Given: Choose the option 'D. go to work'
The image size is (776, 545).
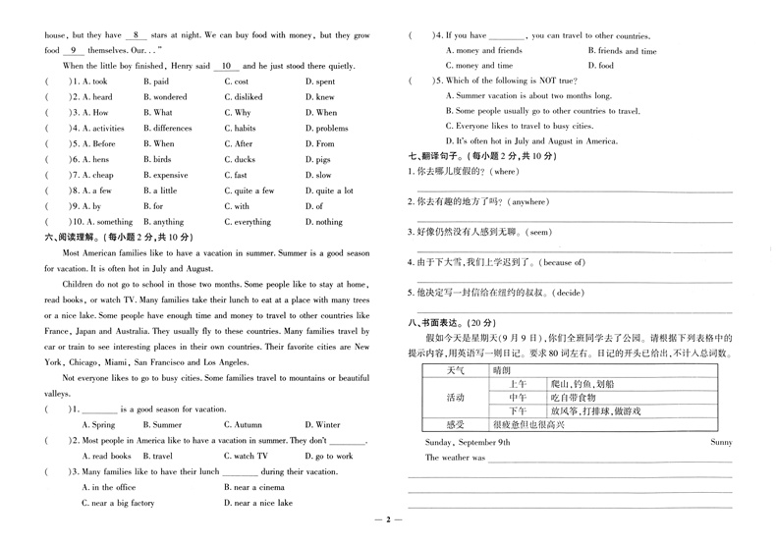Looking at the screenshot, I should click(x=329, y=456).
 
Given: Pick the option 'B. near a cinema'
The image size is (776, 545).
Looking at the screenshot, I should click(x=258, y=487).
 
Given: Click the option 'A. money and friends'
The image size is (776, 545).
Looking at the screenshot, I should click(x=483, y=50).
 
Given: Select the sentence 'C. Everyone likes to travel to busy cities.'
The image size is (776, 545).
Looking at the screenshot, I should click(x=528, y=126).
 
